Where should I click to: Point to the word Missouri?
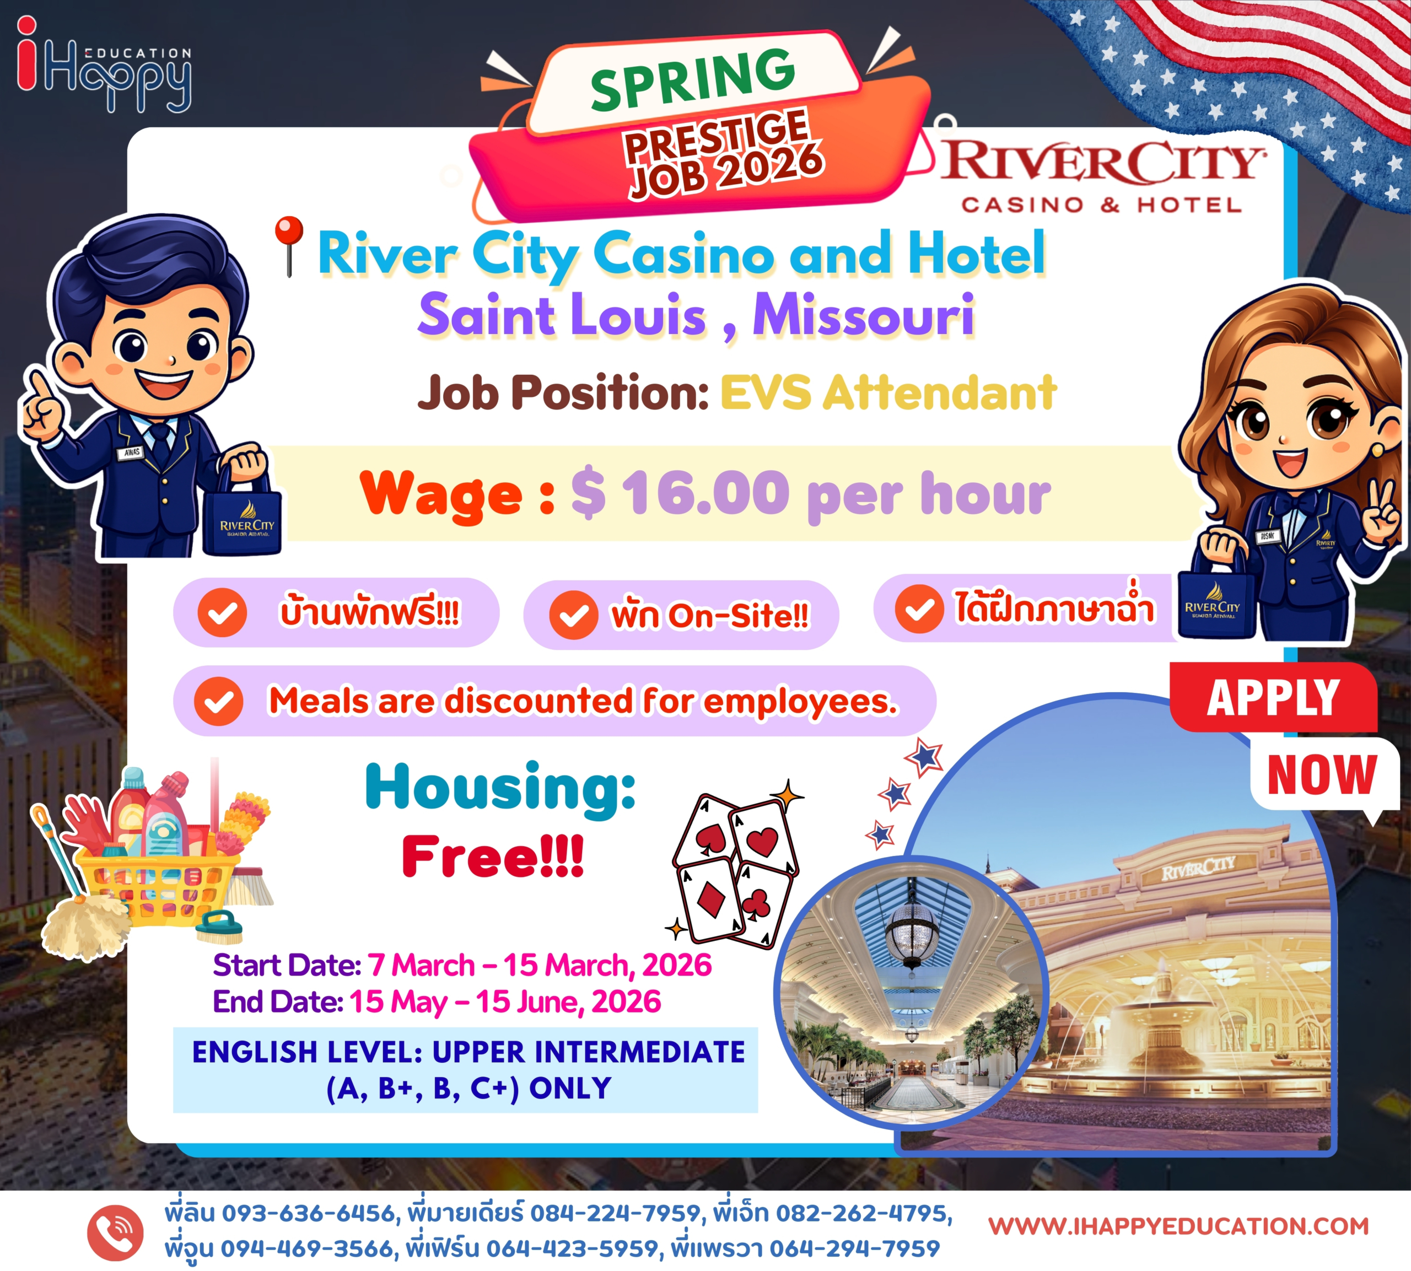[x=863, y=315]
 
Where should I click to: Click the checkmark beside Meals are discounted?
[x=218, y=701]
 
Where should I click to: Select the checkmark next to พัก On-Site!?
[x=573, y=615]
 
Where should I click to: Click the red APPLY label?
[x=1273, y=697]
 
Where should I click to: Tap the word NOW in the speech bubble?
[x=1322, y=774]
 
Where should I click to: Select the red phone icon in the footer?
[x=115, y=1232]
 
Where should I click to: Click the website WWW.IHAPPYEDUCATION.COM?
[x=1178, y=1226]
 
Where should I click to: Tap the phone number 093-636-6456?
[x=309, y=1213]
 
